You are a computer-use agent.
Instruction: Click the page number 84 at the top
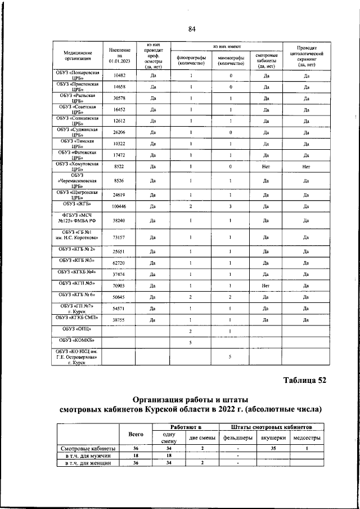(x=192, y=29)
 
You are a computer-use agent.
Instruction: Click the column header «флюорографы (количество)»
(x=191, y=60)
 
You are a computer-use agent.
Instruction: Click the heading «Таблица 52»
(x=304, y=380)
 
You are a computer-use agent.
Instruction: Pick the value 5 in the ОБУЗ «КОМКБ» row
(x=191, y=342)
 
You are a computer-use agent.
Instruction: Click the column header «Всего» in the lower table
(x=136, y=434)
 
